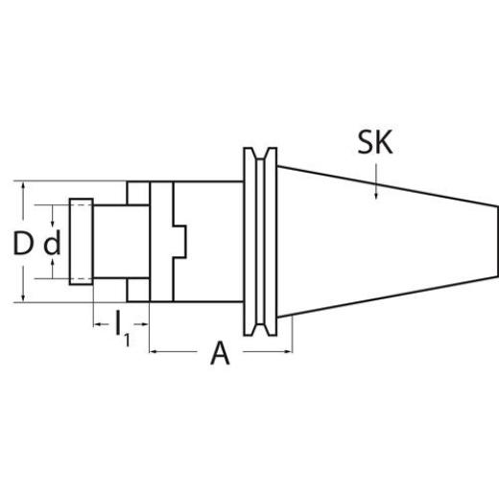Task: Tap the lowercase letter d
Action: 52,244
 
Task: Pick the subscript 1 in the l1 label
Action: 126,337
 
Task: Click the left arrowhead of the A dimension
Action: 154,352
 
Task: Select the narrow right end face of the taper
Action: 496,242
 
